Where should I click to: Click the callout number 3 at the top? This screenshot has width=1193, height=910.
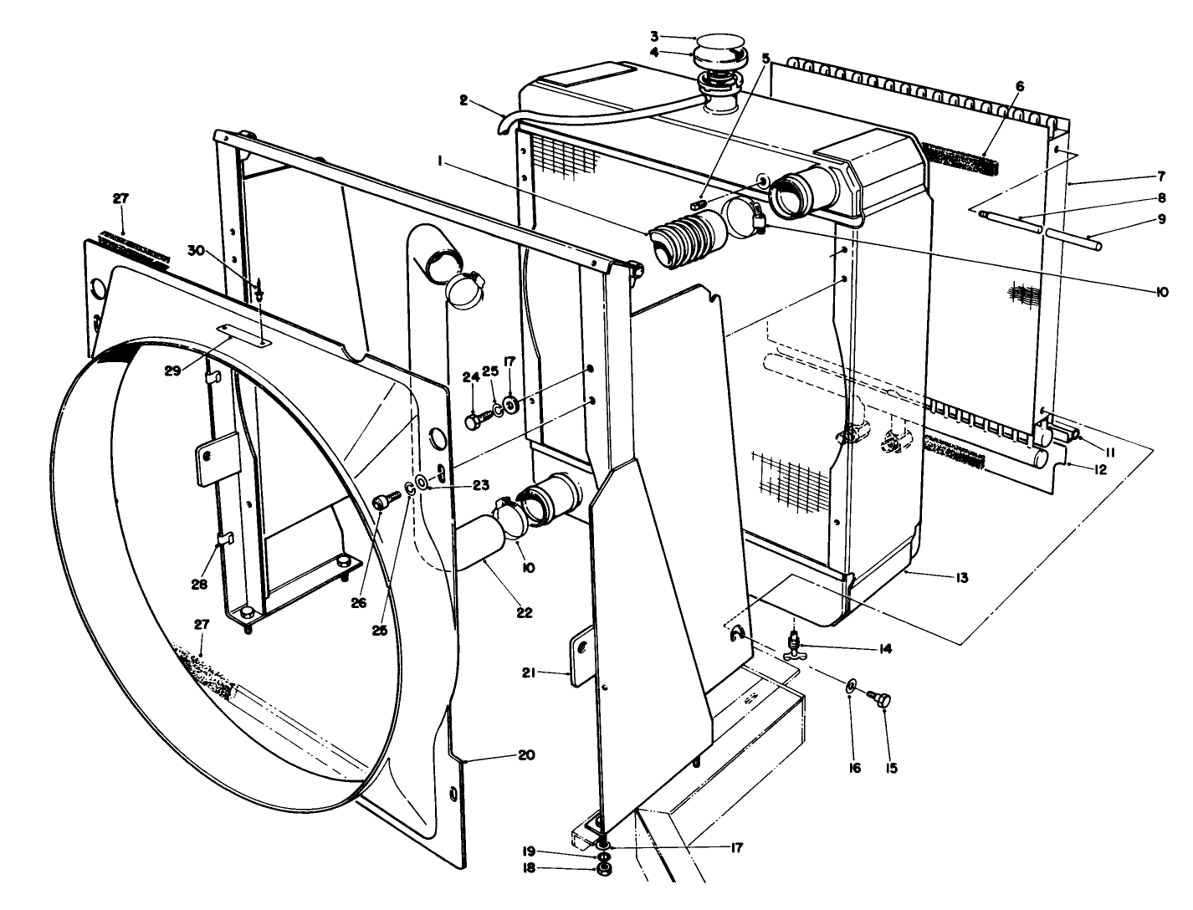[655, 36]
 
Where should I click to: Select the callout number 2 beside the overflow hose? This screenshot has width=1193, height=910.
[463, 100]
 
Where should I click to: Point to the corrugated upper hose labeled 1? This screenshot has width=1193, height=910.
[686, 235]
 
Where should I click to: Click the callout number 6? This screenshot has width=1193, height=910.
[1019, 86]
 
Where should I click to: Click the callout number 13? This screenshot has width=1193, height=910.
[962, 577]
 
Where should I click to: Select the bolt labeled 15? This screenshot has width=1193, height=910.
[882, 701]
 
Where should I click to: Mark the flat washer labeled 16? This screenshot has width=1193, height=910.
[850, 687]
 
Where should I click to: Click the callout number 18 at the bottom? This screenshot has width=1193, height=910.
[530, 868]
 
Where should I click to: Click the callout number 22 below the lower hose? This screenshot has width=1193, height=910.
[524, 612]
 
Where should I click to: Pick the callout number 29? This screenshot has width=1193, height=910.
[173, 371]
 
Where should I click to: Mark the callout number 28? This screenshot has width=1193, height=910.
[198, 585]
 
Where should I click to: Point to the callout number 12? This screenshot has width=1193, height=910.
[1099, 470]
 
